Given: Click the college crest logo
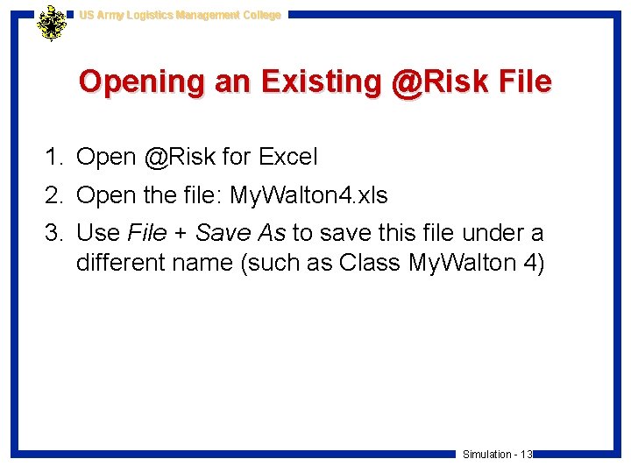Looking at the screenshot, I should coord(52,23).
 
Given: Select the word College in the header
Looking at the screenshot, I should coord(261,15).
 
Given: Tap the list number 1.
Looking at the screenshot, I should coord(54,158).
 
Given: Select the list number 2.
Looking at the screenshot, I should coord(54,195).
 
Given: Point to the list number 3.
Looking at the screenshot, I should coord(54,233).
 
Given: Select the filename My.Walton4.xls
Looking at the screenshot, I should coord(308,195).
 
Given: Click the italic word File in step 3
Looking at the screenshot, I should coord(146,233).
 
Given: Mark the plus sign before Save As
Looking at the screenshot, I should coord(181,234).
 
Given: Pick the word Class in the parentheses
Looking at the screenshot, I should coord(367,263).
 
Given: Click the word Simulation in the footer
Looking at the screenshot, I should coord(487,455).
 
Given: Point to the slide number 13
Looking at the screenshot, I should coord(527,455).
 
